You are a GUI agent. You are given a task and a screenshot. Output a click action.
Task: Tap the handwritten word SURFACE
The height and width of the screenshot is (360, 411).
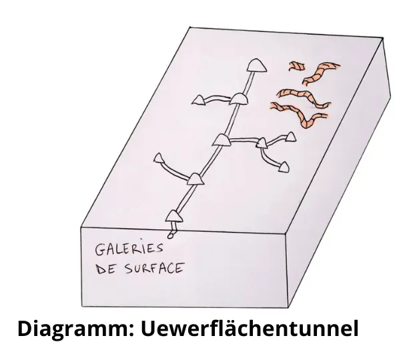(x=154, y=268)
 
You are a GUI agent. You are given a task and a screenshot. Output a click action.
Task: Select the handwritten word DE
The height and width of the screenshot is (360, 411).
(x=105, y=269)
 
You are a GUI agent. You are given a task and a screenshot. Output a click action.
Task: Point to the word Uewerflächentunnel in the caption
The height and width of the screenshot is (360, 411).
(x=250, y=328)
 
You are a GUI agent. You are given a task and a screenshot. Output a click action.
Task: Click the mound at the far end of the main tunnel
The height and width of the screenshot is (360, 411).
(x=256, y=65)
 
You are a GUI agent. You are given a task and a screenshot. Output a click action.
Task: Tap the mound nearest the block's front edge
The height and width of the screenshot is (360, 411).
(x=174, y=216)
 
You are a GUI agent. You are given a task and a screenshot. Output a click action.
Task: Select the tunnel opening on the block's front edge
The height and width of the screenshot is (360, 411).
(x=170, y=236)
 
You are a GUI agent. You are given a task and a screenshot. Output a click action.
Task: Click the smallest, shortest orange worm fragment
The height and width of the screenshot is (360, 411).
(x=297, y=66)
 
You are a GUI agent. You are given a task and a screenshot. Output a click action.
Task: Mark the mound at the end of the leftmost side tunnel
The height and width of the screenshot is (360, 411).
(x=159, y=158)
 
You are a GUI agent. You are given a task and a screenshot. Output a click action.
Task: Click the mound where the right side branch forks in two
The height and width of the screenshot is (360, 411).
(x=262, y=143)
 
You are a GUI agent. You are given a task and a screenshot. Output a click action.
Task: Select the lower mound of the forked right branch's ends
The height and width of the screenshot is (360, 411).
(x=284, y=167)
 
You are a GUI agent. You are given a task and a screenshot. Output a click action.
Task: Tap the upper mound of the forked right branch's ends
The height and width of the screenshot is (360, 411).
(x=290, y=137)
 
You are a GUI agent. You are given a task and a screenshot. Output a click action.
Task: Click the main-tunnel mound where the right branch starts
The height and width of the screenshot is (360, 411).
(x=222, y=140)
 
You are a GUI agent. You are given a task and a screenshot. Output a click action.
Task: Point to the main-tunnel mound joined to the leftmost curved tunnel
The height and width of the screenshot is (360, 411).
(x=195, y=179)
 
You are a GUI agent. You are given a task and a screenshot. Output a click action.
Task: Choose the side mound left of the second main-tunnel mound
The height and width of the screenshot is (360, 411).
(x=199, y=100)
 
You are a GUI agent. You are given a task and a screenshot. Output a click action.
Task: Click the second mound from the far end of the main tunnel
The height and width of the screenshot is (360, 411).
(x=238, y=99)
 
